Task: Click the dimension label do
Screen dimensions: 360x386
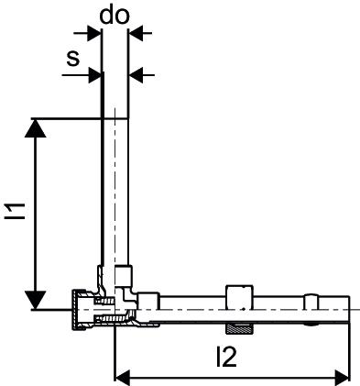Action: click(x=115, y=15)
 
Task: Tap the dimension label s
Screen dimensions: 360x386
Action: click(x=73, y=58)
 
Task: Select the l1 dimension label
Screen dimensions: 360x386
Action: click(x=16, y=211)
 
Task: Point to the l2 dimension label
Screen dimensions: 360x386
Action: click(x=226, y=357)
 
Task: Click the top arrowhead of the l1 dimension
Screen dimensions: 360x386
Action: click(x=36, y=128)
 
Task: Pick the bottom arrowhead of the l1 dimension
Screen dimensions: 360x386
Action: click(x=36, y=300)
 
